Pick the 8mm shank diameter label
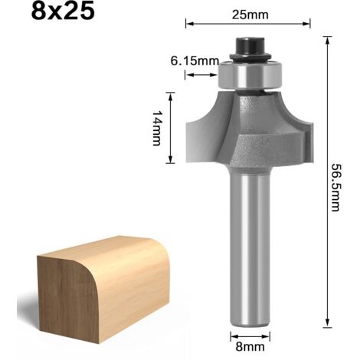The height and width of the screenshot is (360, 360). (249, 345)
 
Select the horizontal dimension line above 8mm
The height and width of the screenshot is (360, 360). (249, 333)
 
